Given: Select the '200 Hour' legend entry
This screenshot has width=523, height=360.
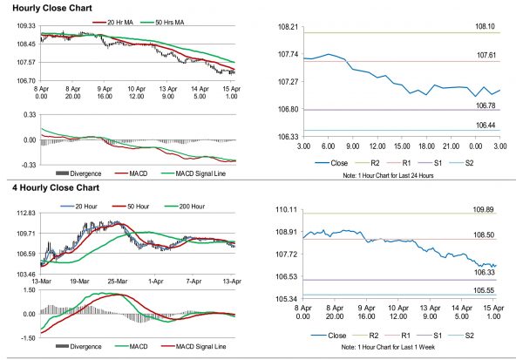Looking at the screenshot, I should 187,207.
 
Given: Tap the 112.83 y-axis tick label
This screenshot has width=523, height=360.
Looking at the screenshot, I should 25,214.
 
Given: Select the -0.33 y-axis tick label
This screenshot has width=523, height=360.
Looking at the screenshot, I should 26,164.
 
